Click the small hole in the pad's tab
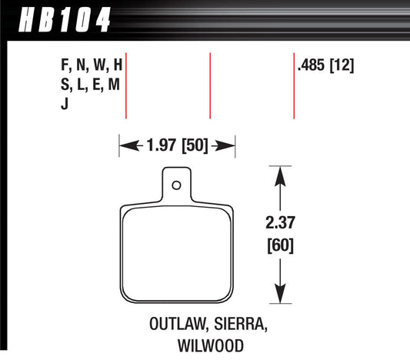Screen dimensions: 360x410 [x=176, y=185]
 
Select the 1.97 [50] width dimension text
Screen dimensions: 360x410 [x=175, y=144]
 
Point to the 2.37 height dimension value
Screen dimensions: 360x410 [x=282, y=225]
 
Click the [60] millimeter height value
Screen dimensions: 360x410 [x=282, y=247]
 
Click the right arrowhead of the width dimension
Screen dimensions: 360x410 [x=228, y=144]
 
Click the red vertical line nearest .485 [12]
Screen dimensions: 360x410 [x=294, y=86]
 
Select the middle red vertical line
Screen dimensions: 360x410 [x=210, y=86]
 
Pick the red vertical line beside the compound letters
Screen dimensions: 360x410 [x=125, y=86]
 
